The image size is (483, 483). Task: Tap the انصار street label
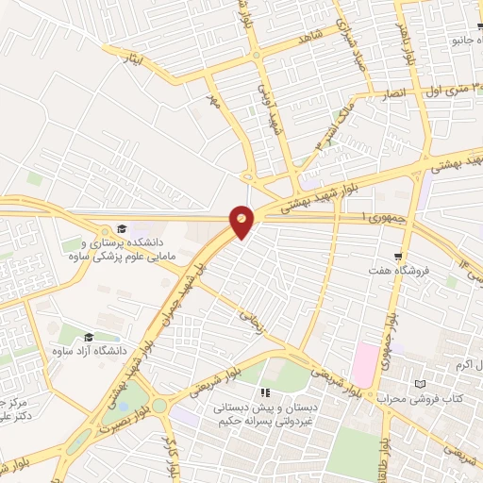coord(392,95)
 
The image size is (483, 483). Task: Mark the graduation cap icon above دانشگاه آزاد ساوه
coord(89,337)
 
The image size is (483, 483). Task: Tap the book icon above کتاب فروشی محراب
coord(421,384)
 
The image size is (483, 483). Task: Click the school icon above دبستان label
coord(266,392)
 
